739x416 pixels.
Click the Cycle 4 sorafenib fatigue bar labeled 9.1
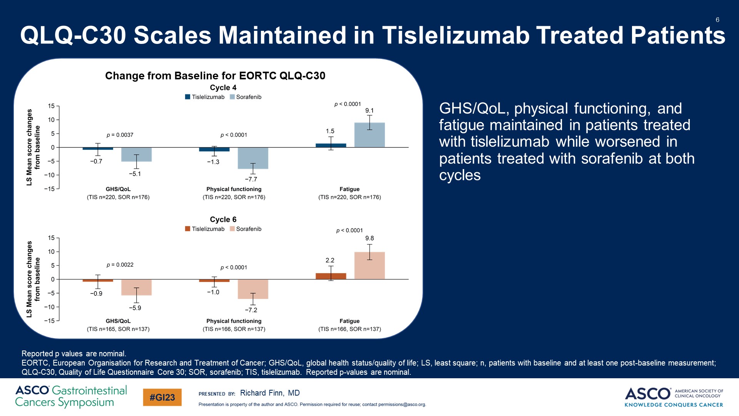[369, 135]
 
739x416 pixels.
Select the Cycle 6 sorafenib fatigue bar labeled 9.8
[369, 266]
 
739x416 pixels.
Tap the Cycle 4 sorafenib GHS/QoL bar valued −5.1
[136, 154]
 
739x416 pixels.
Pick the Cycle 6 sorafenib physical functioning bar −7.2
[253, 289]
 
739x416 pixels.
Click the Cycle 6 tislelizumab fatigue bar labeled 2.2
[331, 276]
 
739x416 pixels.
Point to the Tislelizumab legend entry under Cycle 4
[205, 97]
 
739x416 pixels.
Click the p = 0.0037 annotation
[120, 135]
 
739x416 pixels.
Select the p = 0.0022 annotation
[120, 265]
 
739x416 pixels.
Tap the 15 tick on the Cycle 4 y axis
[52, 106]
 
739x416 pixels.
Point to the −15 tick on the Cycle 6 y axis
[50, 320]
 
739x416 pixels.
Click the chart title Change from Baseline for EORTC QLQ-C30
[215, 75]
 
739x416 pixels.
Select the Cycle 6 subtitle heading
[223, 219]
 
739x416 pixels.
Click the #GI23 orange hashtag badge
[162, 398]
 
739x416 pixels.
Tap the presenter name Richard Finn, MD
[269, 393]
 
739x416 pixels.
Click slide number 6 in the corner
[717, 20]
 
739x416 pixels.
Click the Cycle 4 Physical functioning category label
[234, 189]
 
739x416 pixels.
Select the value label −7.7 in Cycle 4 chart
[251, 179]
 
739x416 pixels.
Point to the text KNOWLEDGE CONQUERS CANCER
[674, 405]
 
